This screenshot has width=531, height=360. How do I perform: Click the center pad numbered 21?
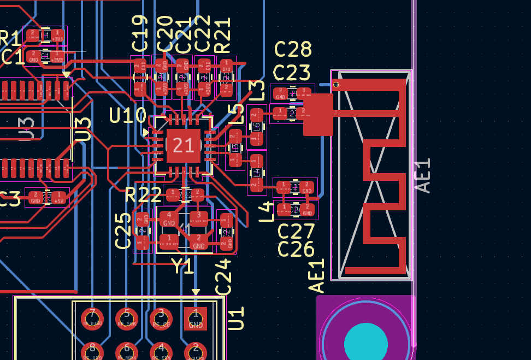click(183, 145)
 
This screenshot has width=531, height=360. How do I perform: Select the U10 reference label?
click(128, 116)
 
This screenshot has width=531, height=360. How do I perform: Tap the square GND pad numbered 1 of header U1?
click(196, 318)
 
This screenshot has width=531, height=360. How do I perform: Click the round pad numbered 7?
click(92, 318)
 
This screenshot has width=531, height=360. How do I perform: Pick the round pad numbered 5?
click(127, 318)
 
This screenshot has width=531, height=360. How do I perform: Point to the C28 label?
click(293, 50)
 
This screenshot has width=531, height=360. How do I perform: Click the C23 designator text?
click(291, 73)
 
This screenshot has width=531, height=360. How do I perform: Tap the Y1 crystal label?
click(182, 266)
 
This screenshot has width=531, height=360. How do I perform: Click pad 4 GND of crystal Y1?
click(169, 219)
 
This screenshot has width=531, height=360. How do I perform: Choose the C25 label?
click(123, 231)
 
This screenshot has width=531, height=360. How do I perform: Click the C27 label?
click(296, 231)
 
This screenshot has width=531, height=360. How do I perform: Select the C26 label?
click(296, 250)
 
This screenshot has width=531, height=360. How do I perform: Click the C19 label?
click(140, 33)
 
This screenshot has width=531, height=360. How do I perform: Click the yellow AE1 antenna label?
click(317, 276)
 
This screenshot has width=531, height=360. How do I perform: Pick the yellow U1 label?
click(235, 318)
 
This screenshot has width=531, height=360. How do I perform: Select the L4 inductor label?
click(266, 211)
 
